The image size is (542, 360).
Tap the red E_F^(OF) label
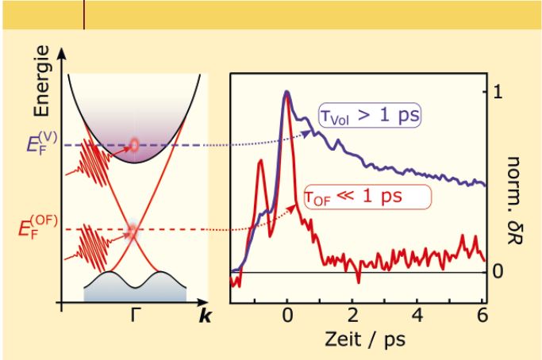click(37, 230)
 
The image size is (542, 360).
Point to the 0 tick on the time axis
click(288, 315)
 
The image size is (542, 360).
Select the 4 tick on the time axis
click(419, 315)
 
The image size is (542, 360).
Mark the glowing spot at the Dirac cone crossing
click(134, 231)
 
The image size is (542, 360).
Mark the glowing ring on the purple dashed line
click(134, 144)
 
